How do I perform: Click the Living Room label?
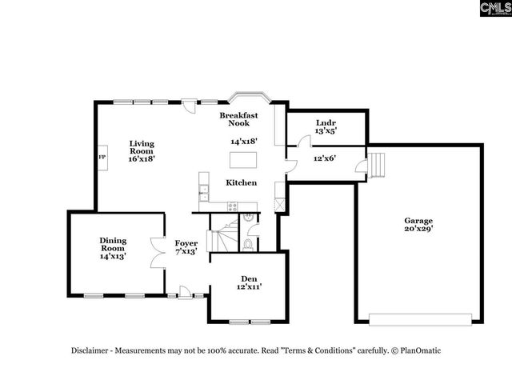[142, 150]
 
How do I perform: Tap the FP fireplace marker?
[102, 158]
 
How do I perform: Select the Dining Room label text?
[113, 248]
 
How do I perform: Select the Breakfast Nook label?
[239, 120]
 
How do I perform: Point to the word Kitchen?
[241, 182]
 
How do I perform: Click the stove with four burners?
[233, 206]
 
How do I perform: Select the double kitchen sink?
[204, 192]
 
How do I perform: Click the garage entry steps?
[375, 166]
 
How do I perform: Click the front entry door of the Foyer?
[184, 294]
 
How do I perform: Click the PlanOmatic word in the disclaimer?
[419, 350]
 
